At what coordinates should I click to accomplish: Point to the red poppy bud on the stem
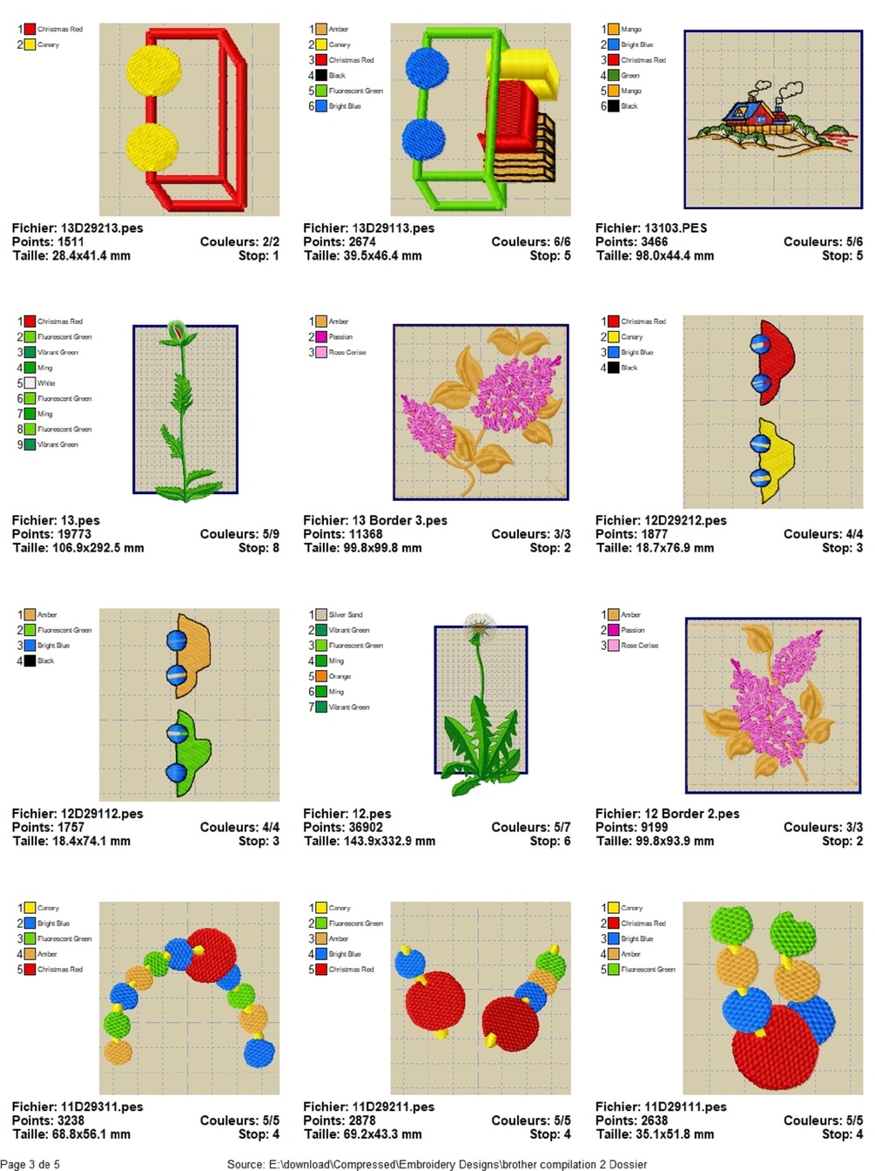point(177,332)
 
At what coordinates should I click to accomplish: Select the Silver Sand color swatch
point(321,615)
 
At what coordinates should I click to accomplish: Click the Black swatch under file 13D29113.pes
point(321,76)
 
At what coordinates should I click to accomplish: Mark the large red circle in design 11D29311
point(212,954)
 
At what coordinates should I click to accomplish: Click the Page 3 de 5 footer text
point(30,1164)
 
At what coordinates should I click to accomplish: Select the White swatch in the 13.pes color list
point(30,383)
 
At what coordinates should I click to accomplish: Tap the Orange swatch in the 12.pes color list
point(321,676)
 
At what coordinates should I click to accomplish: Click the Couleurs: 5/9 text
point(239,534)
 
